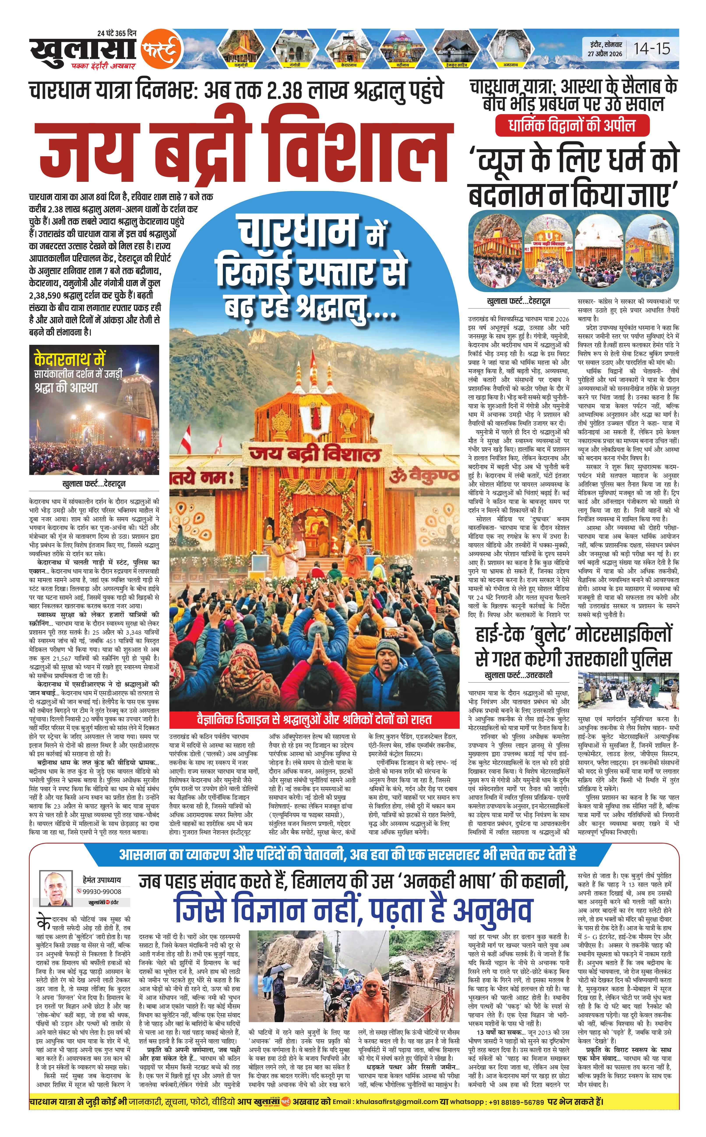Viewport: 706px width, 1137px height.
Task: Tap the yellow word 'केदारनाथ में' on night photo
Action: click(x=70, y=359)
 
